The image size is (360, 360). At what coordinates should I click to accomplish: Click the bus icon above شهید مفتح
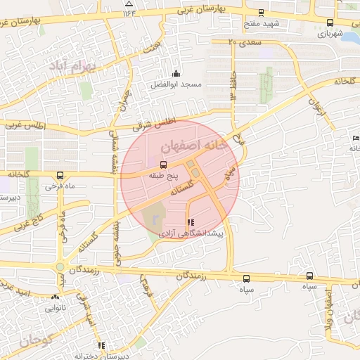(262, 13)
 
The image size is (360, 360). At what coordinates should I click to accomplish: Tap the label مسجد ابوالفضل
(175, 84)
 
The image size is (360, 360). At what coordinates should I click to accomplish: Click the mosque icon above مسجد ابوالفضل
(175, 74)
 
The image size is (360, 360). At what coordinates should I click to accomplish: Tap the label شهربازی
(329, 33)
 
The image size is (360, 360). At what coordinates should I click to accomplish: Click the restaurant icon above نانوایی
(56, 297)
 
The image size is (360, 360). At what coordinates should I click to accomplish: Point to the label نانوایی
(56, 308)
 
